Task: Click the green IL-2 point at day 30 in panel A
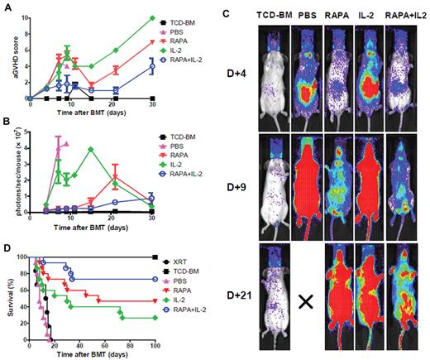tap(152, 18)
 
